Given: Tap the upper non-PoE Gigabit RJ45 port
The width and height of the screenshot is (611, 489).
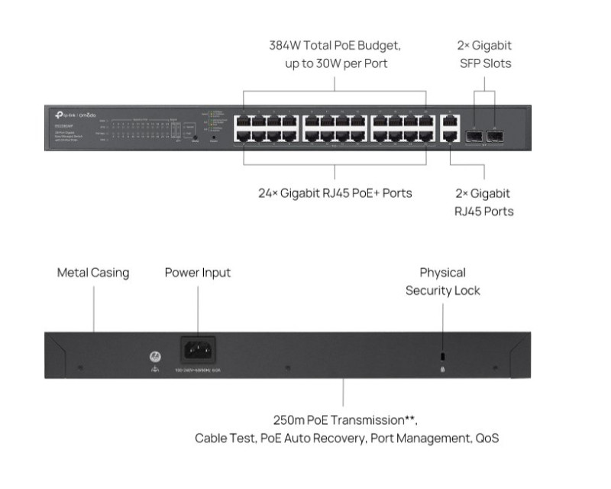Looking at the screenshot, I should (450, 120).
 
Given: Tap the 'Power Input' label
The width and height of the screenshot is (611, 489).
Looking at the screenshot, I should (197, 273).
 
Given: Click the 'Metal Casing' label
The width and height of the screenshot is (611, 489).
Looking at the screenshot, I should (93, 273).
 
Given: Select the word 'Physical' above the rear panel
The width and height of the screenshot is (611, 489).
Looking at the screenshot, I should (442, 273).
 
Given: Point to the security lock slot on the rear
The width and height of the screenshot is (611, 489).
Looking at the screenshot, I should (444, 357).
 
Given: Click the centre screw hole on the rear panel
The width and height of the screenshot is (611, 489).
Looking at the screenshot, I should (288, 369).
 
